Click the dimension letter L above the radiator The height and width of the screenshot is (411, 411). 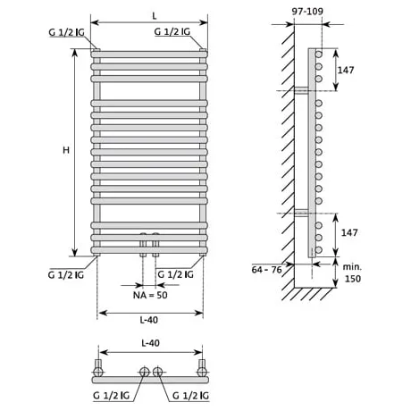[x=154, y=16]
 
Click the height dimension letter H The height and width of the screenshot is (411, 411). [x=66, y=150]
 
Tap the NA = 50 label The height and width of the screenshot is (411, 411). [x=150, y=295]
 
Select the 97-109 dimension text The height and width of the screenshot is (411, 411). [x=307, y=12]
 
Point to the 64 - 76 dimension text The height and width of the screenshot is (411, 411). [x=266, y=270]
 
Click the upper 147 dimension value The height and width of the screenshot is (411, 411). [x=346, y=70]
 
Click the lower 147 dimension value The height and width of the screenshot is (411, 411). [x=349, y=232]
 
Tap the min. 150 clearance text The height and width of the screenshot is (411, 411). [x=352, y=273]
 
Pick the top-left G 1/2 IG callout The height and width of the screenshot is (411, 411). [x=66, y=32]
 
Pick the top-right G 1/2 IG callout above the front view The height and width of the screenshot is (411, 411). [x=172, y=31]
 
